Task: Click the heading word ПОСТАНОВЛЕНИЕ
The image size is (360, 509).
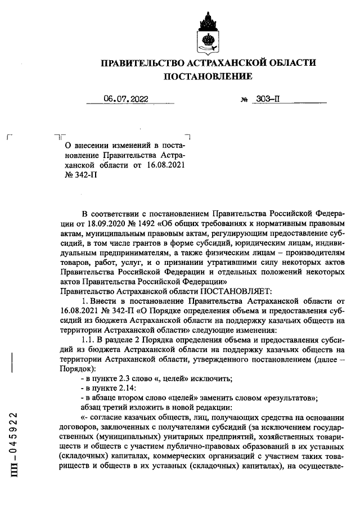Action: [208, 76]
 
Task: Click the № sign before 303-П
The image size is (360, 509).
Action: [244, 100]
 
